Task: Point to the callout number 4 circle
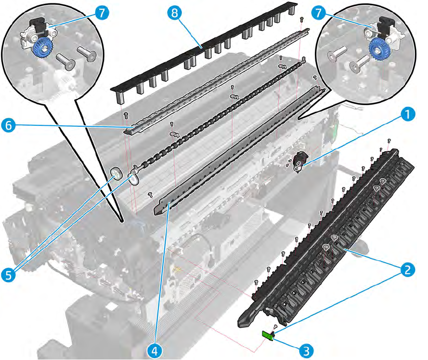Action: [155, 349]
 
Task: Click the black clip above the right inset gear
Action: [386, 25]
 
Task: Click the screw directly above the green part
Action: [275, 327]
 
